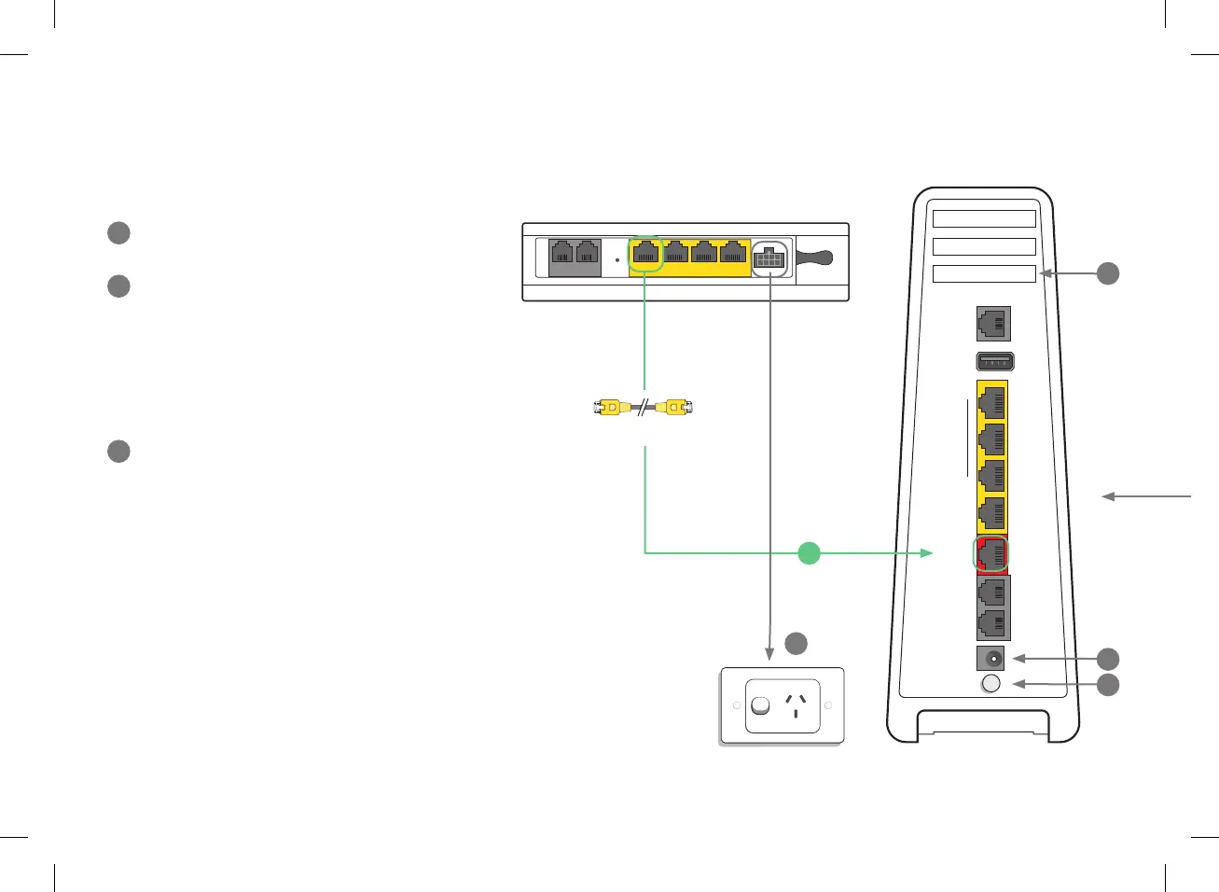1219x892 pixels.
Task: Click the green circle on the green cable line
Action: coord(810,552)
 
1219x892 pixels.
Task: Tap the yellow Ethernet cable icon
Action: coord(644,408)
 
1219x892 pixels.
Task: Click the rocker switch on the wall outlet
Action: coord(761,706)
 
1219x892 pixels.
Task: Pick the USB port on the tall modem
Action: coord(994,361)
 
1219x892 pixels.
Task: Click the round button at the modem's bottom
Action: coord(991,684)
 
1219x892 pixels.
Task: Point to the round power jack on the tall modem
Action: coord(992,659)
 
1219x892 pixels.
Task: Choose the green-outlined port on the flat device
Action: coord(645,252)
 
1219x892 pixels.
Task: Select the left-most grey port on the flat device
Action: coord(561,252)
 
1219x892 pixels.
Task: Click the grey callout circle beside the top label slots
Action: coord(1107,273)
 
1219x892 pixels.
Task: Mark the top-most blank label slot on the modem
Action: coord(984,219)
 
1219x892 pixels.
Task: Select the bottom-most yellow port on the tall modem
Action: coord(992,512)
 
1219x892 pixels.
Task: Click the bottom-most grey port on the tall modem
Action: coord(992,623)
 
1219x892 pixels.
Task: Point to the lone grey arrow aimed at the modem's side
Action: coord(1146,496)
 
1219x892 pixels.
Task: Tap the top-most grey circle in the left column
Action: coord(118,232)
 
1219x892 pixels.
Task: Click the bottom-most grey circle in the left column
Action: coord(118,451)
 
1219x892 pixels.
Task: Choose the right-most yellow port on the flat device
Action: coord(733,252)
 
